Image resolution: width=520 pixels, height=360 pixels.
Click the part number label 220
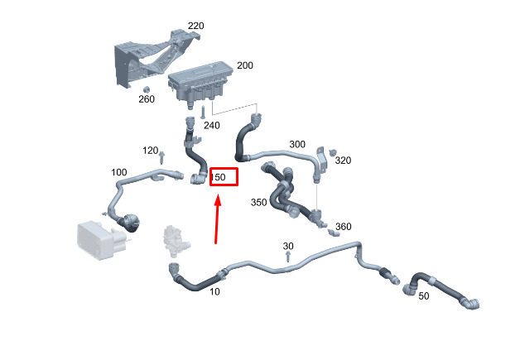point(195,26)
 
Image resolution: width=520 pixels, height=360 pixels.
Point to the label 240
point(211,126)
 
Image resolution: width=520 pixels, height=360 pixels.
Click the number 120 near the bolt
point(150,151)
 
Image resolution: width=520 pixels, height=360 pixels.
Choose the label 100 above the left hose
point(119,172)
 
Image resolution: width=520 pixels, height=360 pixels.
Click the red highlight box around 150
point(224,177)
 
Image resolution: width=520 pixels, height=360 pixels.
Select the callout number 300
point(297,145)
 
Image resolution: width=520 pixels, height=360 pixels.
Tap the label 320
point(343,161)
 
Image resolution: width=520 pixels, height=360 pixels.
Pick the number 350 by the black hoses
point(258,202)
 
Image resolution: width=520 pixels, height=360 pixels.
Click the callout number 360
point(343,227)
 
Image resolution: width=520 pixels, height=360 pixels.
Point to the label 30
point(288,247)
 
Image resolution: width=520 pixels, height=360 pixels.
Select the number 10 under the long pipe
point(214,292)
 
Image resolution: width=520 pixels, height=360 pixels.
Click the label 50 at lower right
point(423,295)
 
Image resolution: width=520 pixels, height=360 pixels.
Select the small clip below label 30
point(287,257)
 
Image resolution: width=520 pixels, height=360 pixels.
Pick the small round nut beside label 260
point(146,89)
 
